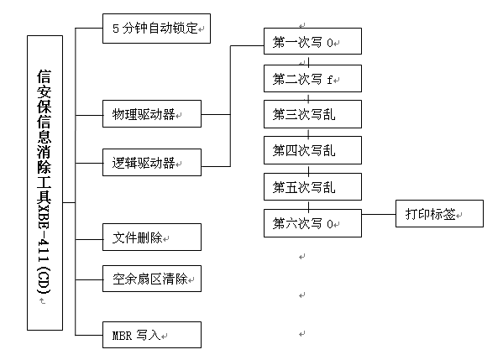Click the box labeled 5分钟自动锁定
point(156,29)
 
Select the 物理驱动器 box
point(152,114)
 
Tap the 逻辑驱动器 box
point(152,162)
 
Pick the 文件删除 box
point(152,237)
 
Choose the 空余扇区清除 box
point(152,279)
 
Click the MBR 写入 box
point(152,335)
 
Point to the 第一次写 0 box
point(312,41)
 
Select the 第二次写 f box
point(312,79)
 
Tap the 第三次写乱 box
point(312,114)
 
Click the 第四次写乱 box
point(312,150)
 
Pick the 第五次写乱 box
point(312,187)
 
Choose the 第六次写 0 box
point(312,223)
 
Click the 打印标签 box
point(439,214)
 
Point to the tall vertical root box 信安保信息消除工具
point(45,183)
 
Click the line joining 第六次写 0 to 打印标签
point(379,214)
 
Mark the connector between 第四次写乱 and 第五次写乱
point(308,169)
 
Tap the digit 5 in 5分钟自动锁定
point(116,29)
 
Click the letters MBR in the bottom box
point(122,336)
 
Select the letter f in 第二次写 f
point(329,80)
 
